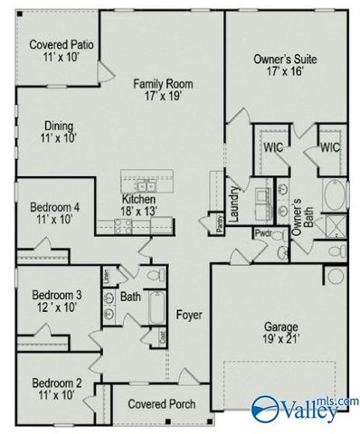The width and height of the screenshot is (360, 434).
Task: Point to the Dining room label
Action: (x=58, y=126)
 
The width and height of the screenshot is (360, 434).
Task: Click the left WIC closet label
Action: (x=274, y=146)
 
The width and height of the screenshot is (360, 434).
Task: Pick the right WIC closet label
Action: (x=329, y=146)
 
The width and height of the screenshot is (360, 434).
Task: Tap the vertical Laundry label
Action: (x=233, y=201)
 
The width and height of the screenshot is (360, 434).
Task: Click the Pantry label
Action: (x=222, y=224)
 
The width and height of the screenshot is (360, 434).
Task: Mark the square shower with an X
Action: (x=335, y=223)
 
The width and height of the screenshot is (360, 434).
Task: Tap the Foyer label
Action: (x=188, y=316)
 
